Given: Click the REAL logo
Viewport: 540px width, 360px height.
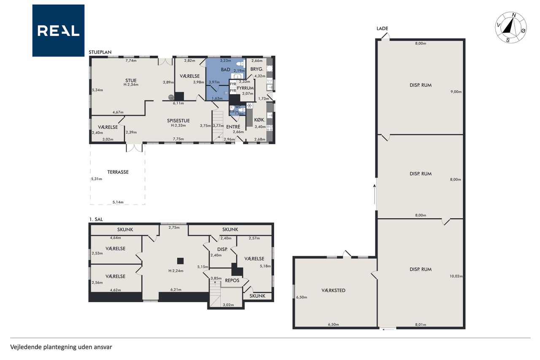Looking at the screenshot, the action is click(x=58, y=31).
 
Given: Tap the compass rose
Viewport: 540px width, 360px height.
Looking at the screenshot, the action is click(x=511, y=27).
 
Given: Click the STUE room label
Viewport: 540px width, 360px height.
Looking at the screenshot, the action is click(x=131, y=81).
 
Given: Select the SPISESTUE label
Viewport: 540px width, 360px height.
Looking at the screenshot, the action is click(x=178, y=121).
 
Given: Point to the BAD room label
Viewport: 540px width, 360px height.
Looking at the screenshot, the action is click(x=225, y=70).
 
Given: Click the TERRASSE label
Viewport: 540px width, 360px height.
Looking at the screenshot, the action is click(x=118, y=172).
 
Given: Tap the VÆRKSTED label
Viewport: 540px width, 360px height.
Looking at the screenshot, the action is click(x=333, y=290).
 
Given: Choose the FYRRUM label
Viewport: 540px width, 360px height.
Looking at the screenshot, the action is click(x=245, y=88).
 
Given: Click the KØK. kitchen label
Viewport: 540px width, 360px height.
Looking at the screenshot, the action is click(x=259, y=120).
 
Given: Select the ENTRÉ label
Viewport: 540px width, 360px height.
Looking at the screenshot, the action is click(x=233, y=127).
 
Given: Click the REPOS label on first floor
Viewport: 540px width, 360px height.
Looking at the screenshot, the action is click(x=232, y=280).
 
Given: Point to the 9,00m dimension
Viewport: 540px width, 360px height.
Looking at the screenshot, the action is click(x=456, y=92).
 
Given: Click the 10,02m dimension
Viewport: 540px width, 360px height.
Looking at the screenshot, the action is click(x=456, y=276).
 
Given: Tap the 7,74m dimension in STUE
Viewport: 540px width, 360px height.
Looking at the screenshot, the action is click(x=131, y=60).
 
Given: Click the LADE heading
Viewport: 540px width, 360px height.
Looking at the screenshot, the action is click(x=382, y=28).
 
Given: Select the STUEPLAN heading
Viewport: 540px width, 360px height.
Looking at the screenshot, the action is click(x=100, y=52).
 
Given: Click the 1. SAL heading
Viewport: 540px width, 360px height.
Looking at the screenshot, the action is click(x=96, y=219).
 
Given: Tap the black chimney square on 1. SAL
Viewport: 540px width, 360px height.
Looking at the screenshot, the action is click(x=180, y=261).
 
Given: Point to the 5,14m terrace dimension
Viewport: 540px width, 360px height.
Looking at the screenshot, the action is click(x=118, y=202).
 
